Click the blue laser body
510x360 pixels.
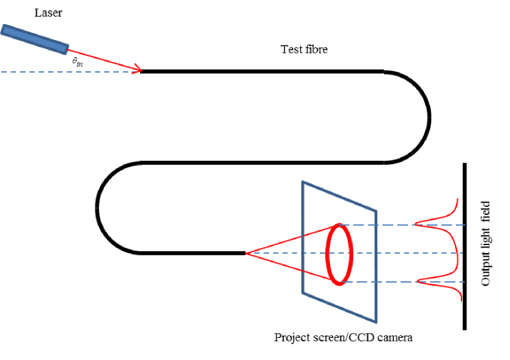(34, 39)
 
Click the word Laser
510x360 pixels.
(49, 12)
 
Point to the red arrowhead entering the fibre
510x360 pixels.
(138, 69)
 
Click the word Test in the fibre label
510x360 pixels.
(291, 49)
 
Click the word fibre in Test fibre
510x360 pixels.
(316, 49)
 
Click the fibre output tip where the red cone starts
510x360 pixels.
(245, 252)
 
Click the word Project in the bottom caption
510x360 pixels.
(291, 337)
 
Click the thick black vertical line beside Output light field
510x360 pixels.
(465, 246)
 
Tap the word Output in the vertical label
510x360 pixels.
(486, 269)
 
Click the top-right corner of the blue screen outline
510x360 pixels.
(376, 211)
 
